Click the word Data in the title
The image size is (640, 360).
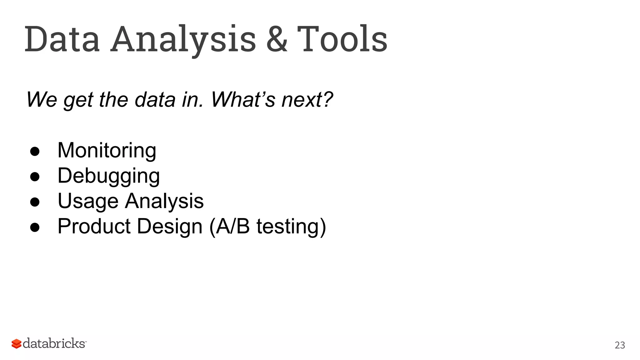click(62, 39)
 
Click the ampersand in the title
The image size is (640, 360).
click(277, 39)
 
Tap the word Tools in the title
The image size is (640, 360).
click(342, 39)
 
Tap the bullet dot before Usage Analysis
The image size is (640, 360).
click(35, 202)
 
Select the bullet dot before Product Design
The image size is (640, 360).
click(35, 227)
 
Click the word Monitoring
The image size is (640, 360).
click(107, 151)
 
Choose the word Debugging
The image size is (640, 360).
click(108, 176)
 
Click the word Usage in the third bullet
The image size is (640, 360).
click(88, 201)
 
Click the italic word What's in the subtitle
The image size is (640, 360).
click(243, 100)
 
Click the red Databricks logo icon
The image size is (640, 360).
click(16, 344)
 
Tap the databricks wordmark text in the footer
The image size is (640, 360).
click(54, 343)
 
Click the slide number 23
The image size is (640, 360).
click(620, 345)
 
